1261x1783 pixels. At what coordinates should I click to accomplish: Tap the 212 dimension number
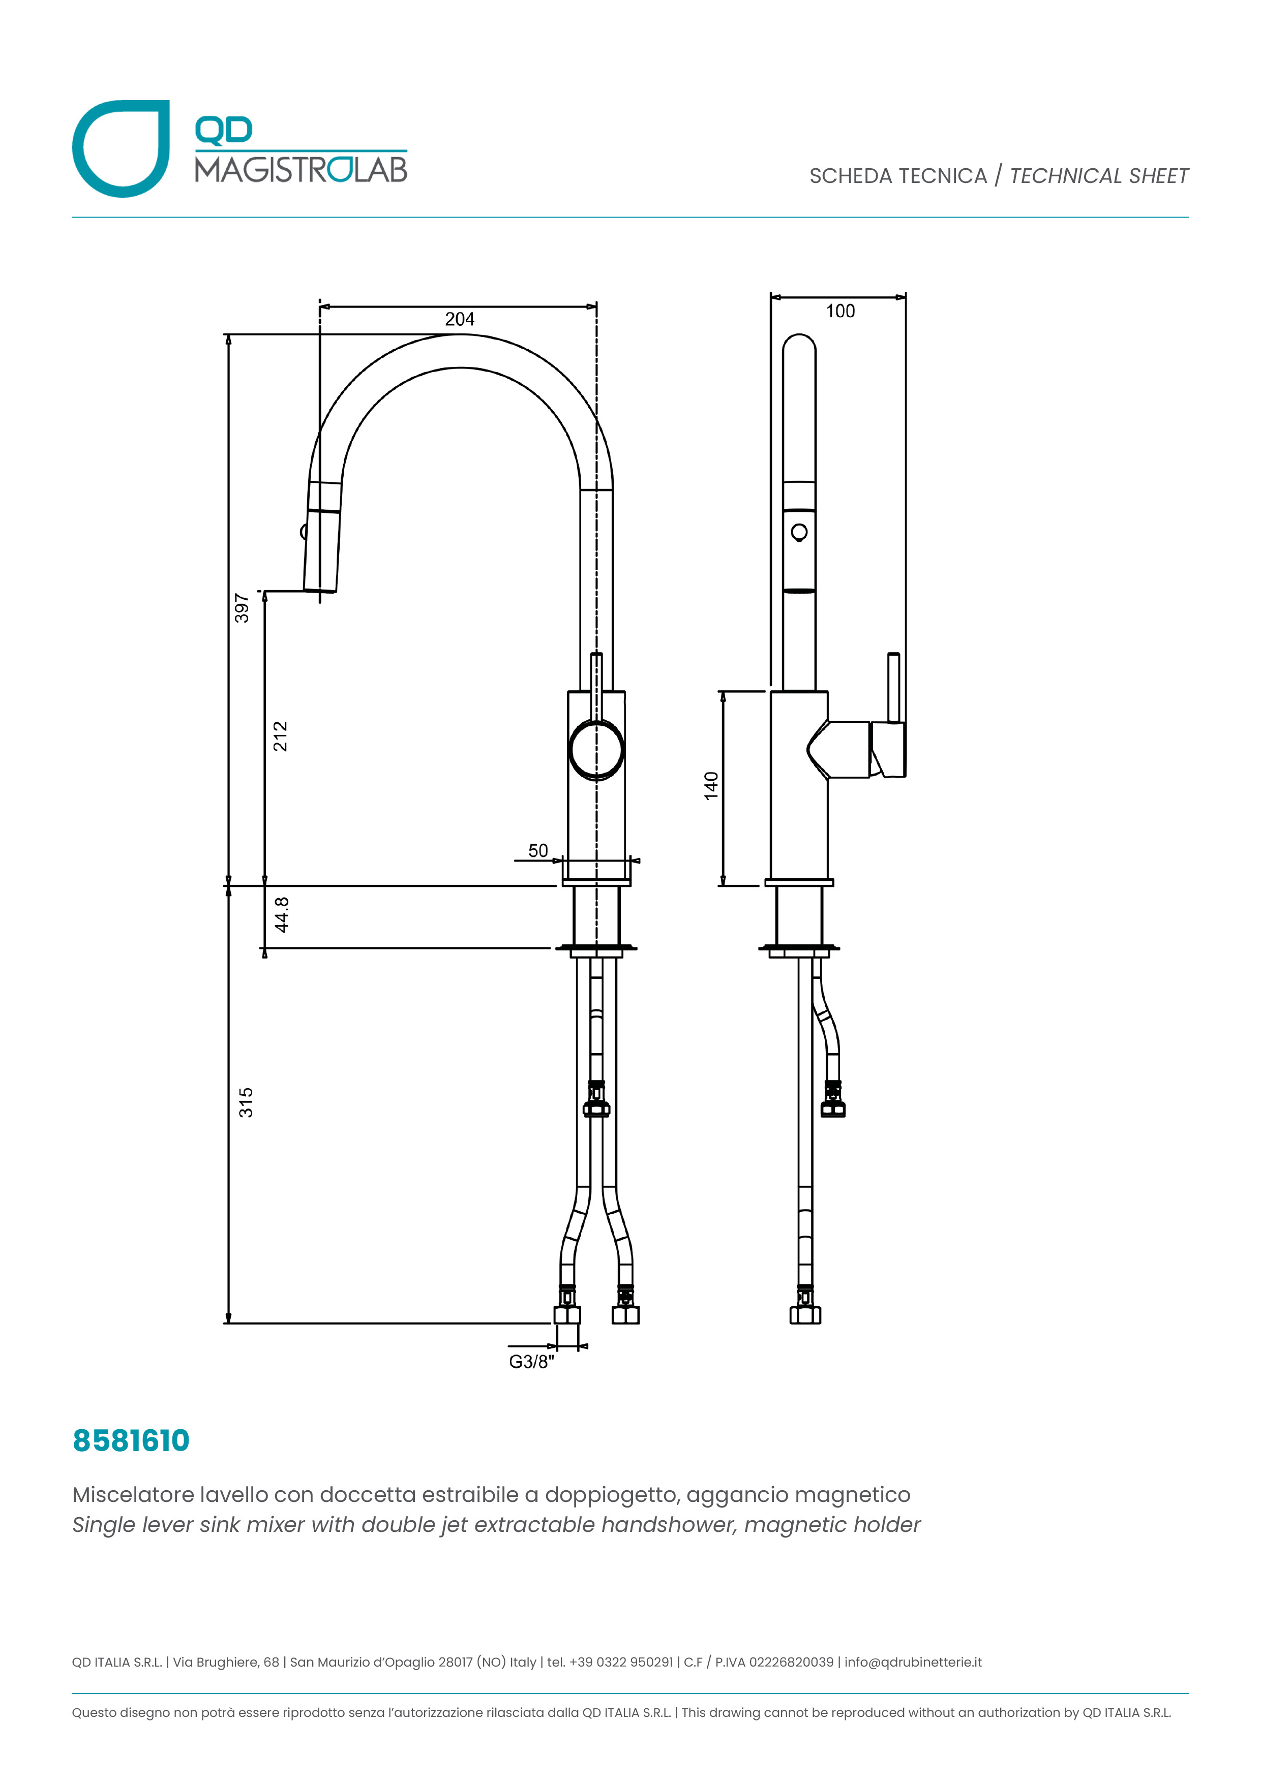(x=280, y=736)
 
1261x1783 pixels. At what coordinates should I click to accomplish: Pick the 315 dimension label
(x=246, y=1103)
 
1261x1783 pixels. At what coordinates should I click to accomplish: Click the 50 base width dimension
(x=537, y=850)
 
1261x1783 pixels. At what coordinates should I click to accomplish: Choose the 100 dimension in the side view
(x=840, y=312)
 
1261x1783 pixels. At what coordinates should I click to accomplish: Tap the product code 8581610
(x=131, y=1440)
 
